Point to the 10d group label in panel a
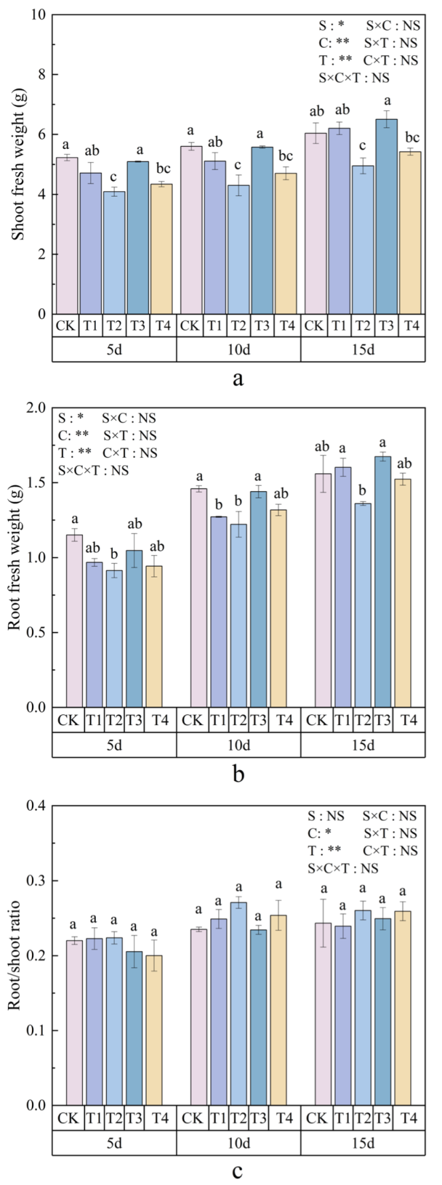click(239, 350)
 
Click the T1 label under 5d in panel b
click(94, 720)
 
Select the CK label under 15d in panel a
click(316, 326)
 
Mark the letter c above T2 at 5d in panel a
click(114, 177)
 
